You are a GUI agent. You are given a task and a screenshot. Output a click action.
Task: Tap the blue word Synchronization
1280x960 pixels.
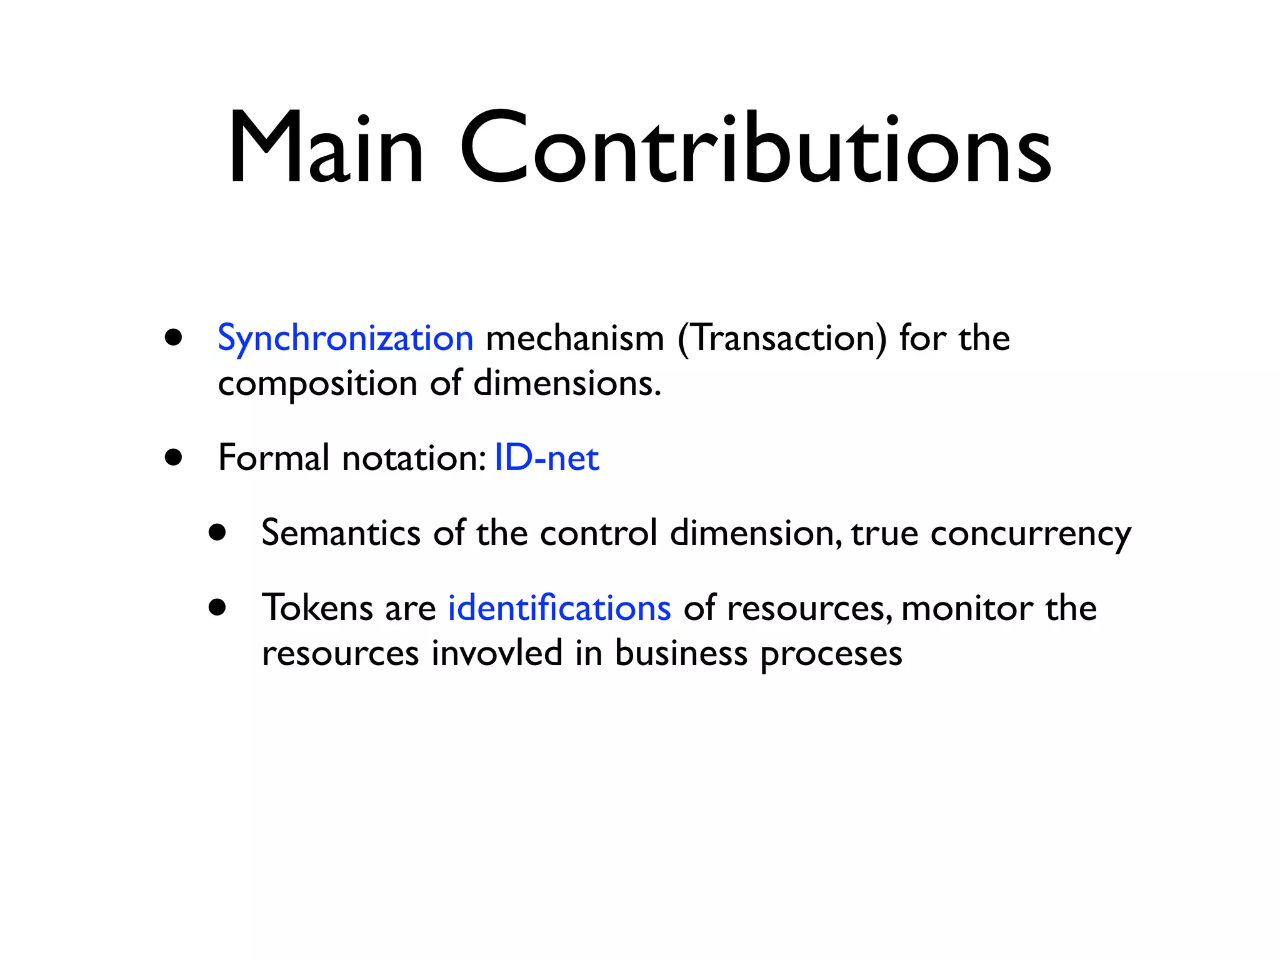pos(345,339)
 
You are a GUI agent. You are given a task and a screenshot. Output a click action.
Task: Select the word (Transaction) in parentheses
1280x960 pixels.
pos(782,339)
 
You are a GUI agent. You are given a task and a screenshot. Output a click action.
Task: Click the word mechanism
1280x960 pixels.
pos(574,339)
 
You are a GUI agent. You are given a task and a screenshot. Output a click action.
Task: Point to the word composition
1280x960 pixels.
pos(317,384)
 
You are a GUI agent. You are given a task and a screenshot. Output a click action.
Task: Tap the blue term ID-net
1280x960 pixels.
pos(546,458)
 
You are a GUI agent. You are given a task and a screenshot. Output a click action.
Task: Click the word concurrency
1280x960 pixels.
pos(1031,534)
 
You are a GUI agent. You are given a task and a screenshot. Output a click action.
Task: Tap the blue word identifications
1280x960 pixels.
pos(559,608)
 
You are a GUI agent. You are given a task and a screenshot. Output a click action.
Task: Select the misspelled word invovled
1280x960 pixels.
pos(497,653)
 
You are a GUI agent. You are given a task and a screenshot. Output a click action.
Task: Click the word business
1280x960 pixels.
pos(681,653)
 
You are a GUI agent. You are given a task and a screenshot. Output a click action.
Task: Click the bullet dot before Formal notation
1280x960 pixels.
pos(174,457)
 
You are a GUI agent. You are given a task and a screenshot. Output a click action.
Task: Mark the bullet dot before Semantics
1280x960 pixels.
pos(217,532)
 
